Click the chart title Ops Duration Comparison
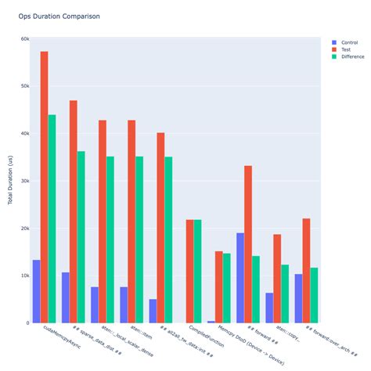[x=59, y=16]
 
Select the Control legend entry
[x=350, y=41]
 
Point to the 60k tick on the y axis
[x=25, y=38]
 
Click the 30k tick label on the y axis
[x=25, y=181]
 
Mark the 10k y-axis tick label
[x=25, y=276]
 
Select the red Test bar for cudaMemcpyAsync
[x=45, y=187]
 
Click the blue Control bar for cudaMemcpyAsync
[x=36, y=291]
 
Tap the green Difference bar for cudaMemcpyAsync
[x=52, y=218]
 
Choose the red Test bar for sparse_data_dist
[x=74, y=211]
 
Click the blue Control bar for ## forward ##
[x=240, y=278]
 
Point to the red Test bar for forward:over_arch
[x=307, y=270]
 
